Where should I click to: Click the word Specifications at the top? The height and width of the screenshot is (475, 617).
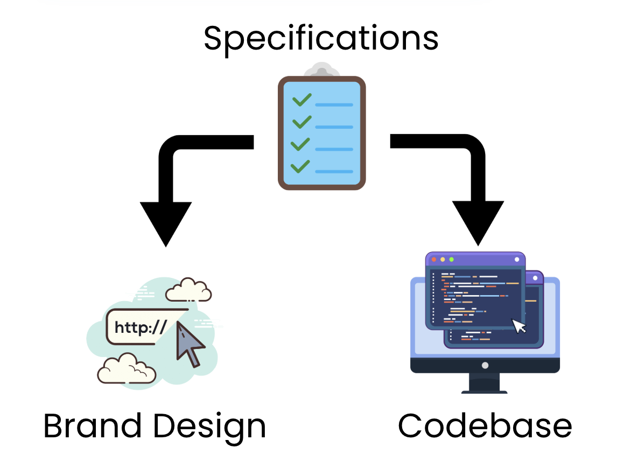point(321,38)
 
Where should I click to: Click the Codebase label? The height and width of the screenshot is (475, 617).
point(485,426)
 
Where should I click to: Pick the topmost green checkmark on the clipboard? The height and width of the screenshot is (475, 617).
point(302,100)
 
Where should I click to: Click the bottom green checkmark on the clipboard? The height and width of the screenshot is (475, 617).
point(300,166)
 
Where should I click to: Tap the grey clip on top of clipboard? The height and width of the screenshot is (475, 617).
point(321,72)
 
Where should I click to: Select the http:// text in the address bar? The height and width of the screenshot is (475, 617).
point(141,327)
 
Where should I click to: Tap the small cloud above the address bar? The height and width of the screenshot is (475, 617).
point(188,290)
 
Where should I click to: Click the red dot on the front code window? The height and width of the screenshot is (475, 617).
point(434,260)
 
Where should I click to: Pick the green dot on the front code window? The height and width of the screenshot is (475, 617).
point(451,260)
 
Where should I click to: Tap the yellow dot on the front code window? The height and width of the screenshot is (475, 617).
point(443,260)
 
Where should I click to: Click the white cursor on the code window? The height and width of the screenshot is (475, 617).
point(518,326)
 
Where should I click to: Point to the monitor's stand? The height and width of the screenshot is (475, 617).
point(485,383)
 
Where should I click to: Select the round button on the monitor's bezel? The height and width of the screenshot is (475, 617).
point(485,365)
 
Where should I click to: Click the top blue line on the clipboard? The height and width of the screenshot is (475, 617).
point(334,104)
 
